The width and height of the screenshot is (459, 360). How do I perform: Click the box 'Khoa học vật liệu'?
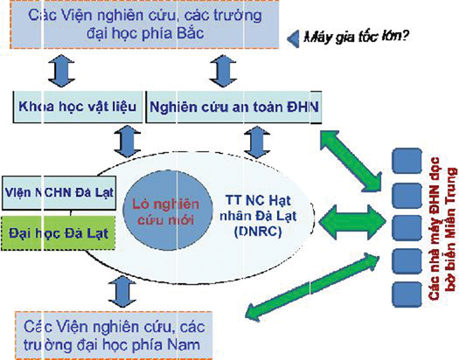coord(78,107)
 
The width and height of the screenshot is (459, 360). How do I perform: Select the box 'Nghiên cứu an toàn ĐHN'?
coord(233,107)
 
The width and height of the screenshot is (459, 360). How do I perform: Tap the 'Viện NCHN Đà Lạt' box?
coord(59,193)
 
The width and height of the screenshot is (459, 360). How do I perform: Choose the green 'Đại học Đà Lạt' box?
coord(59,233)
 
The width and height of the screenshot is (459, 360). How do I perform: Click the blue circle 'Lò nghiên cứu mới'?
coord(167,211)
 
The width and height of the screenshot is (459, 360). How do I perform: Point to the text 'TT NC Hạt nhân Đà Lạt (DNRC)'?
coord(258,216)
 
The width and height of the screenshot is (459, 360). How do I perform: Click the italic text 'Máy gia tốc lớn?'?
coord(356,38)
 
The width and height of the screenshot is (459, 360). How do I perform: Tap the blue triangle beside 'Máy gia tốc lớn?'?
coord(293,38)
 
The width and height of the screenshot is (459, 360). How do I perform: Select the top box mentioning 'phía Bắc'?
coord(144,24)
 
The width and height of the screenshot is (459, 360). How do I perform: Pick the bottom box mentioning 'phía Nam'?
coord(114,336)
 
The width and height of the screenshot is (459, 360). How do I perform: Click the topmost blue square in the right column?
coord(407,161)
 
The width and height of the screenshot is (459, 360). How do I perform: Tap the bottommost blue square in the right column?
coord(407,294)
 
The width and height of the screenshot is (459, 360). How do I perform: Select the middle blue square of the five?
coord(407,228)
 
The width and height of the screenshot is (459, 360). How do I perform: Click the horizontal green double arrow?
coord(352,222)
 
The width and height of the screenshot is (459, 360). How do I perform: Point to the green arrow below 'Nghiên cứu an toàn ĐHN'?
coord(351,162)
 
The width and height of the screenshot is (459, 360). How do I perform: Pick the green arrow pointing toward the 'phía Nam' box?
coord(312,287)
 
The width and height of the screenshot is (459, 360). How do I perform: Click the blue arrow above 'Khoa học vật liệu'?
coord(61,71)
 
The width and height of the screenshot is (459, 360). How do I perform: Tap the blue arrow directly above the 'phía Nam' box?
coord(122,292)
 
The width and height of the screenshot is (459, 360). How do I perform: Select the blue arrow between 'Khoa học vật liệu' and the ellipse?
coord(128,142)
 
